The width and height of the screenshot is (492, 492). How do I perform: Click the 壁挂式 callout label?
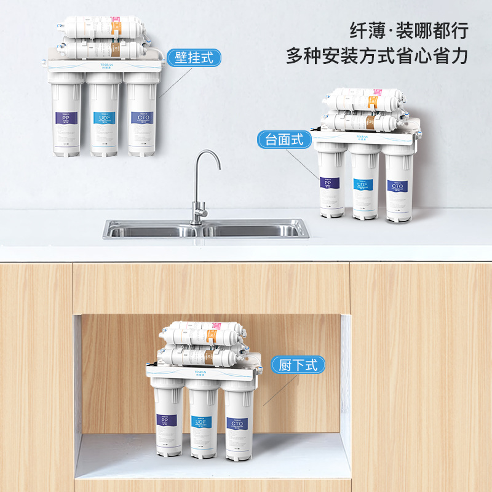click(194, 58)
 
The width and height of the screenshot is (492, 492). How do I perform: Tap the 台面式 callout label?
click(285, 139)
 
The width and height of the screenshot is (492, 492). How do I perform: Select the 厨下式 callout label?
click(298, 365)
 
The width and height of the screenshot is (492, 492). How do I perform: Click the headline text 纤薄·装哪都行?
click(408, 30)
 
